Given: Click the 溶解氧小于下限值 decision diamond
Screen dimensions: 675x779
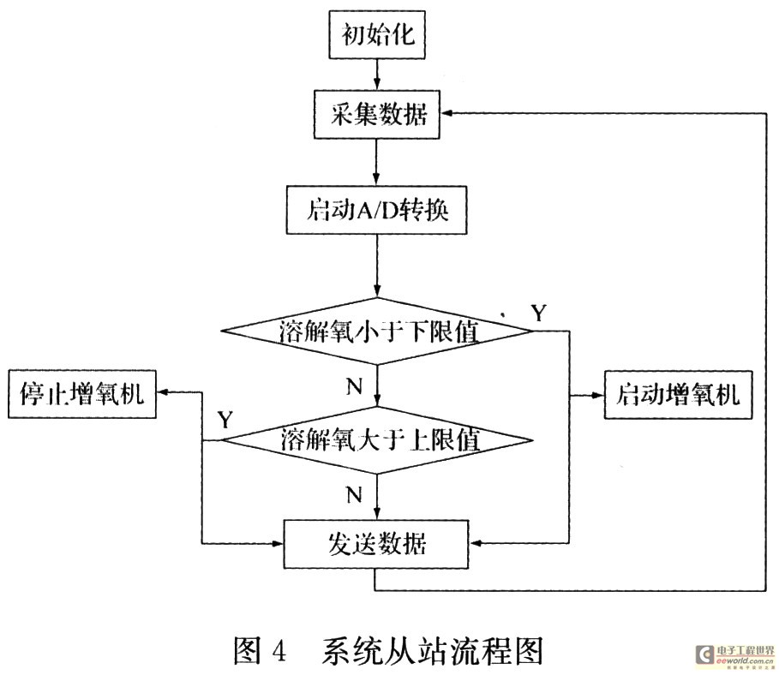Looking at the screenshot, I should point(376,332).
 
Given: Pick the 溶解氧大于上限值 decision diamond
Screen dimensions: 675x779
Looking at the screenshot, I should point(376,441).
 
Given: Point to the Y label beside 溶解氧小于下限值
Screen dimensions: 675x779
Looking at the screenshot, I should point(538,313).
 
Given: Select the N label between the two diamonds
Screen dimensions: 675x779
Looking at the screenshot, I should point(354,385).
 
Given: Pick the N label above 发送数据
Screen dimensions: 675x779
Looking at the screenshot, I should point(354,494).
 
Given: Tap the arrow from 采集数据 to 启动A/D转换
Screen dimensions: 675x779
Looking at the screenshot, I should point(376,165).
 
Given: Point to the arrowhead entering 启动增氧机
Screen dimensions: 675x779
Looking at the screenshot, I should point(597,395).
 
